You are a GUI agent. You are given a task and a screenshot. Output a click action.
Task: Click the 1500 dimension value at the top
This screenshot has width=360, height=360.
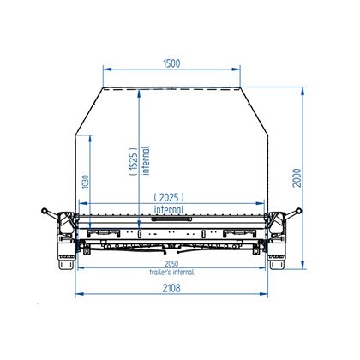[x=171, y=62]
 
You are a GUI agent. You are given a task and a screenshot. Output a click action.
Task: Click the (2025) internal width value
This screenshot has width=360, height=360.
[x=171, y=197]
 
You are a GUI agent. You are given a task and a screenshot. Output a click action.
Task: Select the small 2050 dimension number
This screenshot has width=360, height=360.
[x=172, y=264]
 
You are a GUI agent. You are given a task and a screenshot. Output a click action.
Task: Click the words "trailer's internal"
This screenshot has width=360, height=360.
[x=171, y=272]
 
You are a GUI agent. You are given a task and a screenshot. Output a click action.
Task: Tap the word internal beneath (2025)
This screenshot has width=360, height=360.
[x=171, y=209]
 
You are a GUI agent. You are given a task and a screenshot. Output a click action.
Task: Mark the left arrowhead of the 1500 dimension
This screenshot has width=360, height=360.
[x=105, y=70]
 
